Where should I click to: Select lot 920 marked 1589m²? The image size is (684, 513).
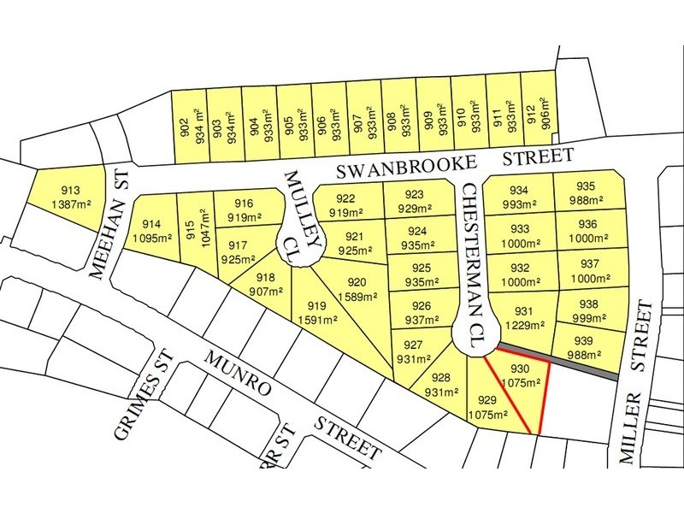359,289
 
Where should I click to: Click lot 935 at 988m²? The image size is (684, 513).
587,192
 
